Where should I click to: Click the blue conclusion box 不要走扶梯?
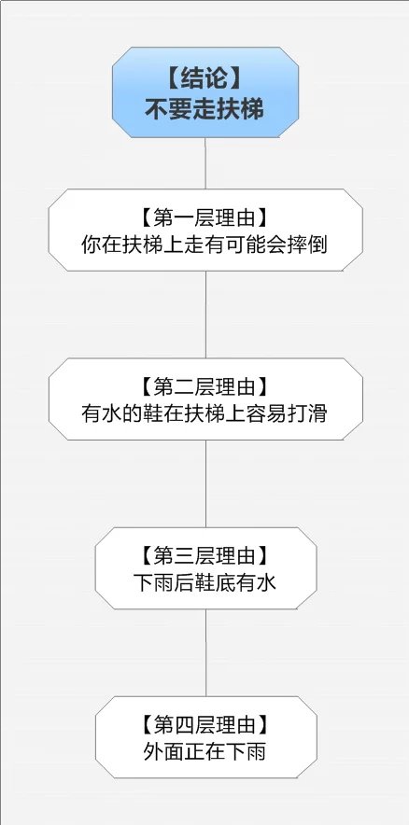tap(205, 92)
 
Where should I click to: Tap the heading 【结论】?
tap(204, 79)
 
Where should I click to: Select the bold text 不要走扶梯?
tap(204, 109)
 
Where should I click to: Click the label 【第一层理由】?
tap(205, 217)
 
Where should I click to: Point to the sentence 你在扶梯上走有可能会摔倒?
tap(204, 245)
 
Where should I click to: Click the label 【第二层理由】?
tap(205, 386)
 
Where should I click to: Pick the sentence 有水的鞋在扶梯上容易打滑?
tap(204, 414)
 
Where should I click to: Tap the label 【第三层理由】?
tap(205, 555)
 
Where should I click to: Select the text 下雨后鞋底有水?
tap(204, 583)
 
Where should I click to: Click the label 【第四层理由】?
tap(205, 725)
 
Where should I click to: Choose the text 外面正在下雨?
tap(204, 752)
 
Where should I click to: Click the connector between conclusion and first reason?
tap(205, 163)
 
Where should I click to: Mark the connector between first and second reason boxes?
tap(205, 315)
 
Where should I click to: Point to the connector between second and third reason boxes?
tap(205, 484)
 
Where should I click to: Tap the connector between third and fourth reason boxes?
tap(205, 653)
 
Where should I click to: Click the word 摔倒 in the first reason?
tap(308, 245)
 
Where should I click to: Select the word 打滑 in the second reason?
tap(308, 414)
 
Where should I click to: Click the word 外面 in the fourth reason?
tap(163, 752)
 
